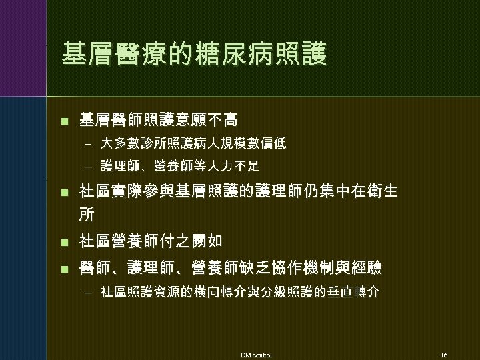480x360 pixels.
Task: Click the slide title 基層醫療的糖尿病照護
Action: click(194, 55)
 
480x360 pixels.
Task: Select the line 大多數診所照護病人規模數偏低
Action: click(193, 143)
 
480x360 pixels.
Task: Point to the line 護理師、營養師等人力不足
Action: click(180, 165)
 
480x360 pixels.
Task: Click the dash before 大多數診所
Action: click(87, 143)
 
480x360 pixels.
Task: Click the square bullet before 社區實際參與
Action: click(64, 193)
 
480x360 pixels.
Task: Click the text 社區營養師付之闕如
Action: click(151, 240)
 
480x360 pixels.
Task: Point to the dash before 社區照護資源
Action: click(87, 292)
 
